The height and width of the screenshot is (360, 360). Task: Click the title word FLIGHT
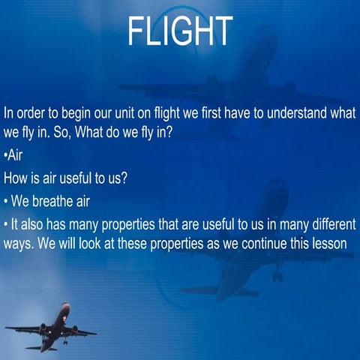pos(180,31)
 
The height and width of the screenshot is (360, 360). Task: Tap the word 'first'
pos(227,113)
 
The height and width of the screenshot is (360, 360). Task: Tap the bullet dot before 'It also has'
pos(5,223)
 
